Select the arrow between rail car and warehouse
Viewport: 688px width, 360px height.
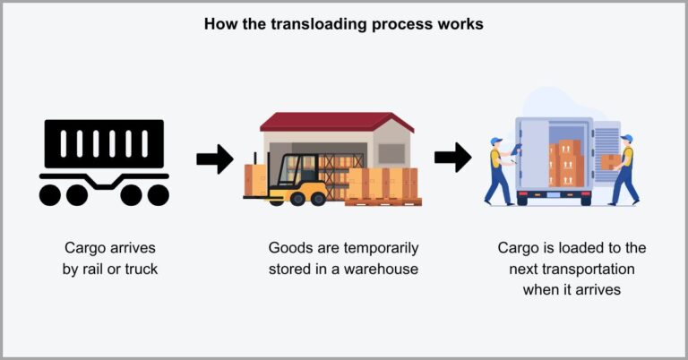(x=214, y=159)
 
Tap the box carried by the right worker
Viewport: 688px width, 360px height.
(x=610, y=161)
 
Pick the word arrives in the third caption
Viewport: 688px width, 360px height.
(x=592, y=288)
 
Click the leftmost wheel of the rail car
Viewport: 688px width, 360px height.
(x=55, y=193)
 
